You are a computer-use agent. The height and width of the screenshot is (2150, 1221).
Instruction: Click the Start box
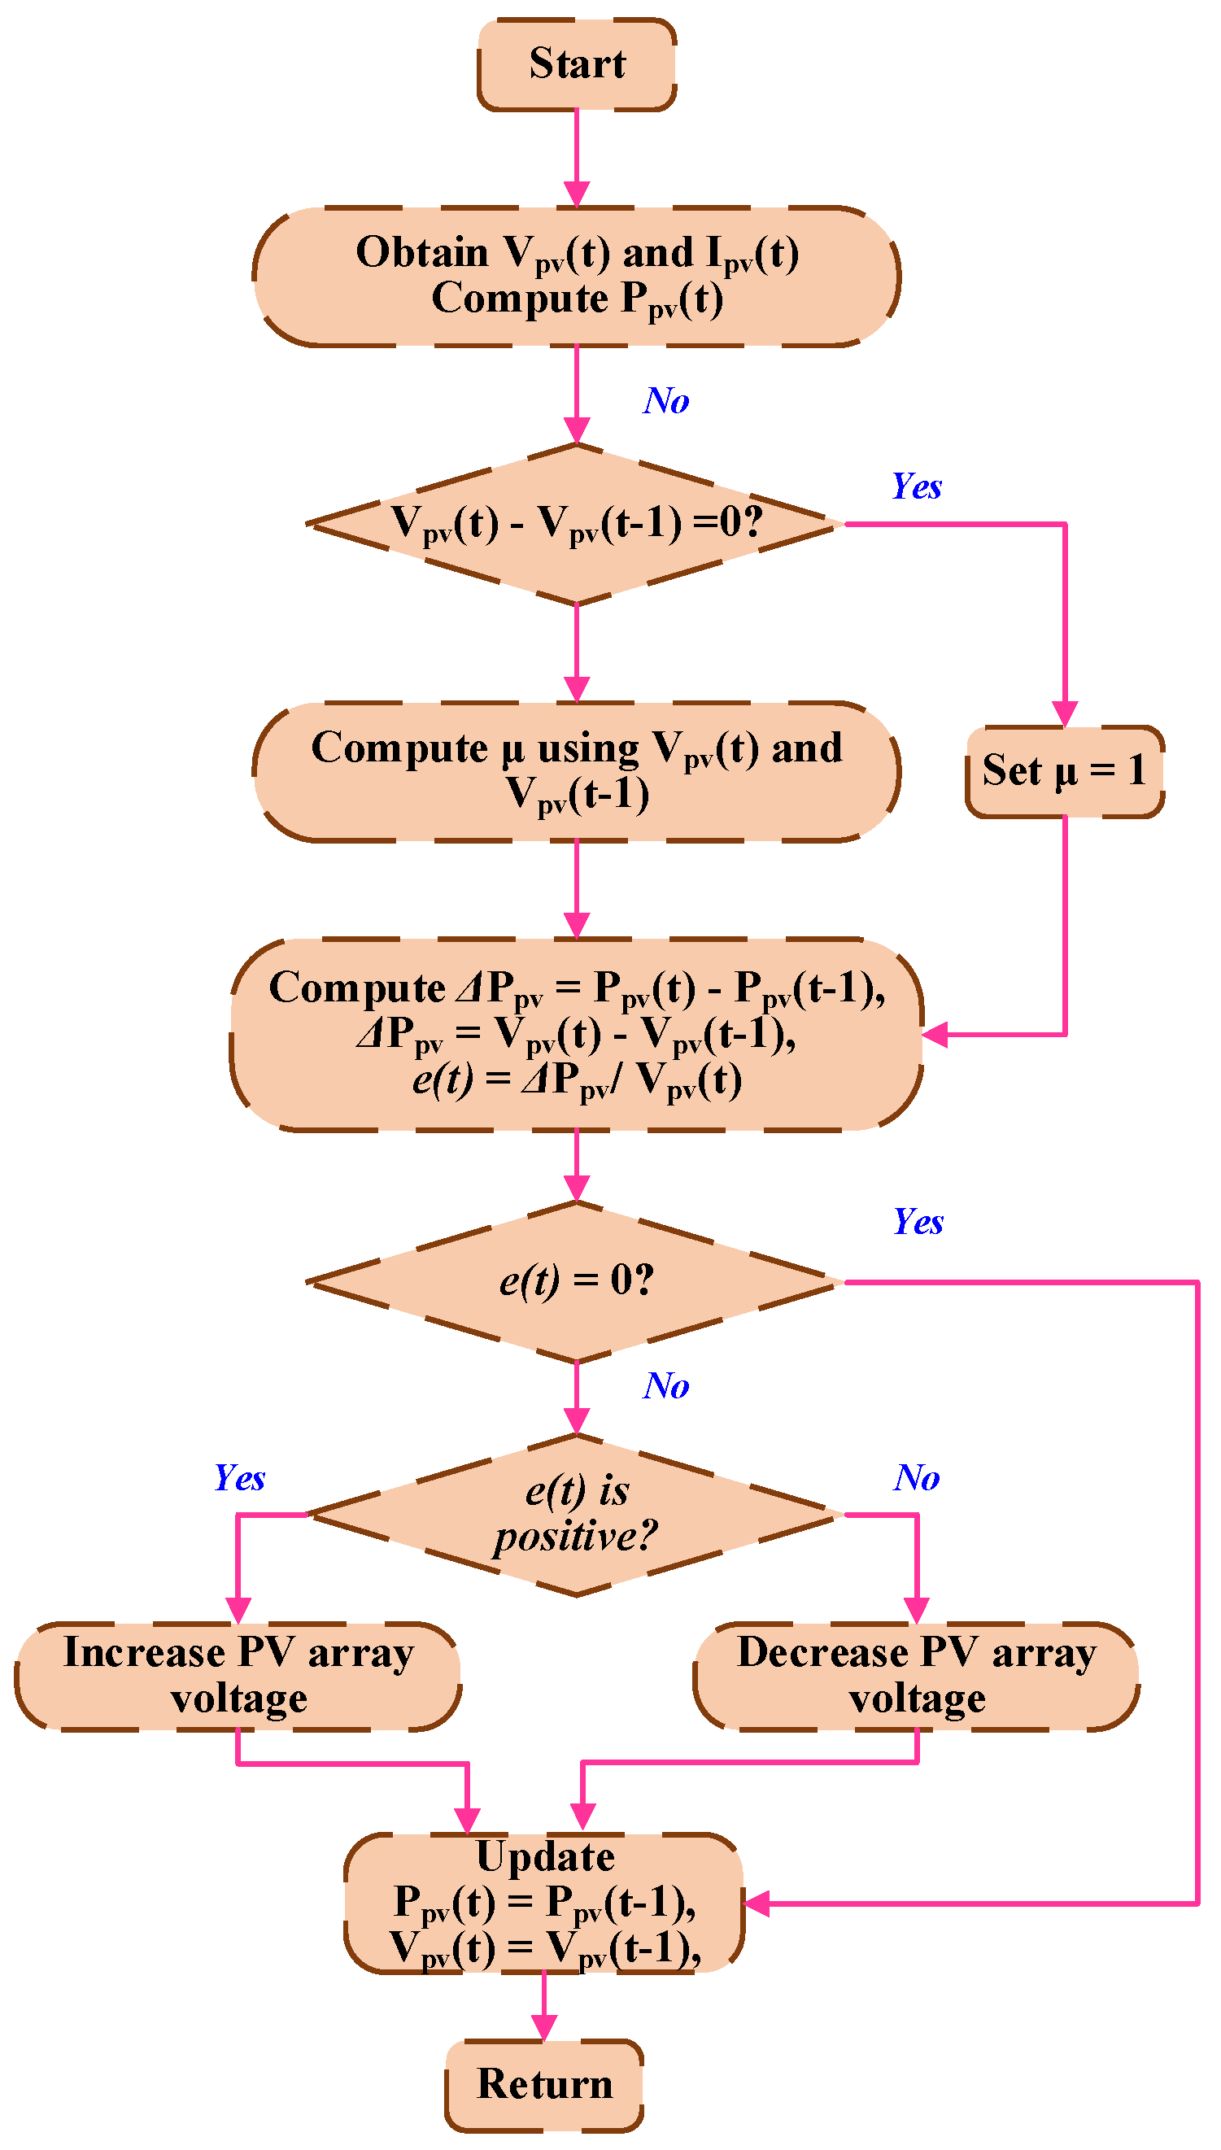(577, 63)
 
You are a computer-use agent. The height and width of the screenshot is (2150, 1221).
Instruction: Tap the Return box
(544, 2084)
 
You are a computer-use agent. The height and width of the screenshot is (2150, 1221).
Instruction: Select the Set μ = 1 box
(1064, 770)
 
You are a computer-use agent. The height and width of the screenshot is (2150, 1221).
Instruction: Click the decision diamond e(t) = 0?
(576, 1281)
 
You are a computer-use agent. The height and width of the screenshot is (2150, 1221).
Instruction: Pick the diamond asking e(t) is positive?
(576, 1515)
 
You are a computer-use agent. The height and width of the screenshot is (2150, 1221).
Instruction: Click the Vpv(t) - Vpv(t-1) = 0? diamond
(576, 523)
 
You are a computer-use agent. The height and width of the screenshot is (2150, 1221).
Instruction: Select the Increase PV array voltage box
(238, 1676)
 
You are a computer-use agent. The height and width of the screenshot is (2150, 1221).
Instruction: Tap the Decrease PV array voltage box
(916, 1676)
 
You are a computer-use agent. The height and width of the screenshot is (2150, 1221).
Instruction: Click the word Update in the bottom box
(545, 1856)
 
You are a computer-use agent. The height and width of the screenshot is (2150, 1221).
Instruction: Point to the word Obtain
(422, 251)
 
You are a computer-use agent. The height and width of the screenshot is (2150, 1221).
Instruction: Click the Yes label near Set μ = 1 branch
(916, 486)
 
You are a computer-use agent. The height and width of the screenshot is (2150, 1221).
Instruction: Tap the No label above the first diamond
(667, 401)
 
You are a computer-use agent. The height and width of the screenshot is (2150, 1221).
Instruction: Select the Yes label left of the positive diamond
(239, 1477)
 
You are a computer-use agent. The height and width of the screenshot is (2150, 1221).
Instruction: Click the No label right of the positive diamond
(916, 1477)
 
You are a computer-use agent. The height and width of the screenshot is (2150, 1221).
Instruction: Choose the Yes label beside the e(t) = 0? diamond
(918, 1222)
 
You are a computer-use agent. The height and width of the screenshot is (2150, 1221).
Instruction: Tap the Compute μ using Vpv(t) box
(576, 770)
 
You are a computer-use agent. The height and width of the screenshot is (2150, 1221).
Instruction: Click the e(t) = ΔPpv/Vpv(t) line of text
(577, 1080)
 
